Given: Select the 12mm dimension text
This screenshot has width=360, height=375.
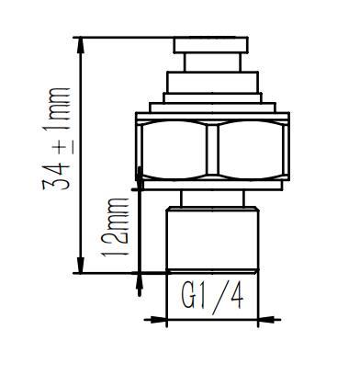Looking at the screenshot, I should pos(118,226).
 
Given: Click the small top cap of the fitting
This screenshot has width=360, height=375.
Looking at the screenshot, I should pos(212,45).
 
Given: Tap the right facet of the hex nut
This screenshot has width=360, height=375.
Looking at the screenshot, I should pos(251,151).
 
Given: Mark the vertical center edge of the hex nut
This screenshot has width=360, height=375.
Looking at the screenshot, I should pos(212,151).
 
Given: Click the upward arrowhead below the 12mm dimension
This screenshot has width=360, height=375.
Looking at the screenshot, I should pos(139,281).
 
